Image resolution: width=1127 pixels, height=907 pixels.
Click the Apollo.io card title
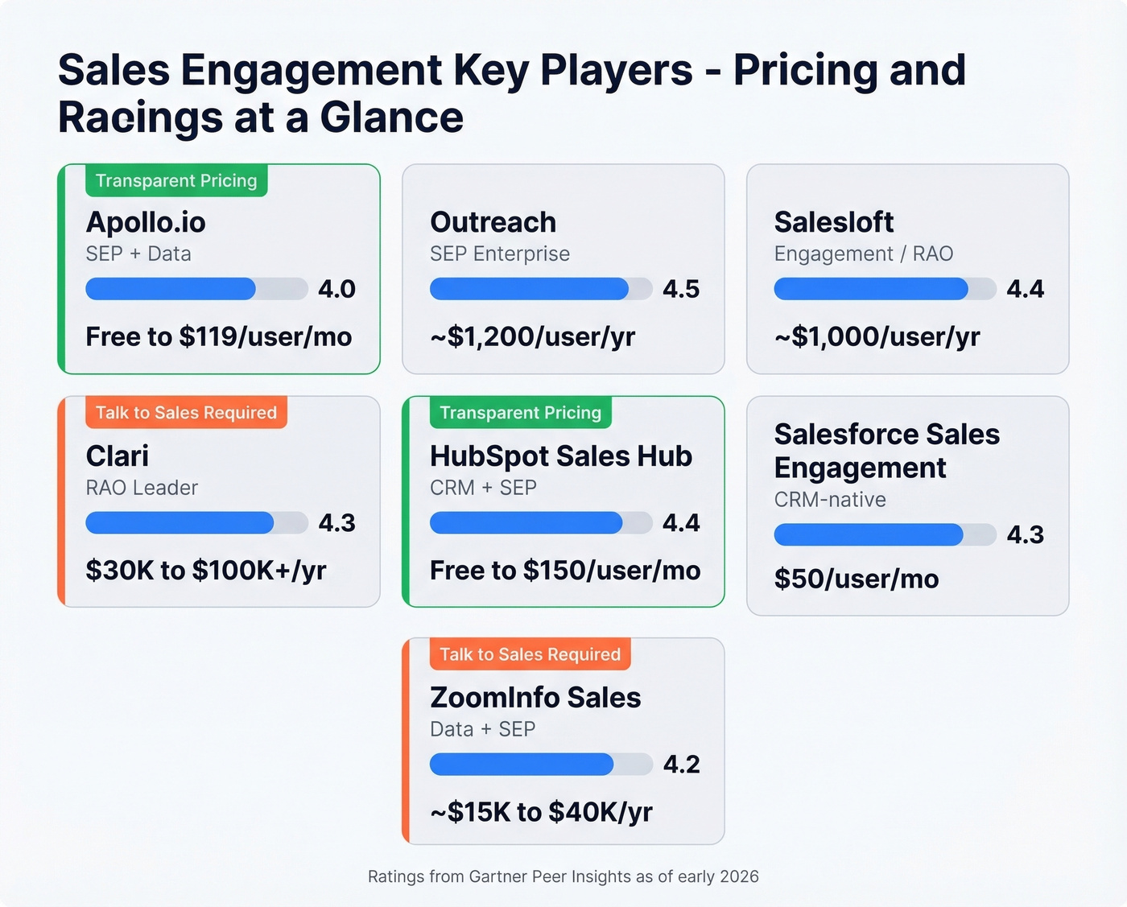click(146, 222)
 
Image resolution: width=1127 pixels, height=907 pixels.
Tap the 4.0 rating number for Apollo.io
click(336, 289)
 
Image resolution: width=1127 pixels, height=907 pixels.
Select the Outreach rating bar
click(540, 289)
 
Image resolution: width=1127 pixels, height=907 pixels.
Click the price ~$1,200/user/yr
click(532, 336)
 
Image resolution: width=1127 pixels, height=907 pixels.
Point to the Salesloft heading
click(833, 222)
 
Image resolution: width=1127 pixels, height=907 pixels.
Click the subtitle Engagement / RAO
click(863, 254)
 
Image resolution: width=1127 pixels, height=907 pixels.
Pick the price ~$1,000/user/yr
click(877, 336)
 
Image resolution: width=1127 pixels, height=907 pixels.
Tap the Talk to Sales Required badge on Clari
click(186, 413)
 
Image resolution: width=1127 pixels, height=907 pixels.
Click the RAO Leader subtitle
click(142, 488)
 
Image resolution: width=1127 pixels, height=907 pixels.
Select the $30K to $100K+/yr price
click(205, 571)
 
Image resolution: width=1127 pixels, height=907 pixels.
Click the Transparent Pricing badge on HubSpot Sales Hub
click(520, 413)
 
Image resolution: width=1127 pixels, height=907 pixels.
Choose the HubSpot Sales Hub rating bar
click(540, 523)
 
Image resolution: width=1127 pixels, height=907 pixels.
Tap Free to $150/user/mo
click(564, 571)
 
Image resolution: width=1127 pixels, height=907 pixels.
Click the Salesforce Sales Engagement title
click(886, 451)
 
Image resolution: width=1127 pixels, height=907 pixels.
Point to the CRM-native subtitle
click(830, 500)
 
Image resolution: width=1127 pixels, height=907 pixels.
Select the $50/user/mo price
click(856, 579)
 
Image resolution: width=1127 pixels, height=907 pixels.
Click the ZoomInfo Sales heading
click(535, 698)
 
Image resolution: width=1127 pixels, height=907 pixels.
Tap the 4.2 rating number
click(681, 765)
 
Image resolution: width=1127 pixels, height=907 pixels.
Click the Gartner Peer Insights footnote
click(563, 876)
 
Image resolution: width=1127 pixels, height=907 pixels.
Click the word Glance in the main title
click(391, 117)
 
